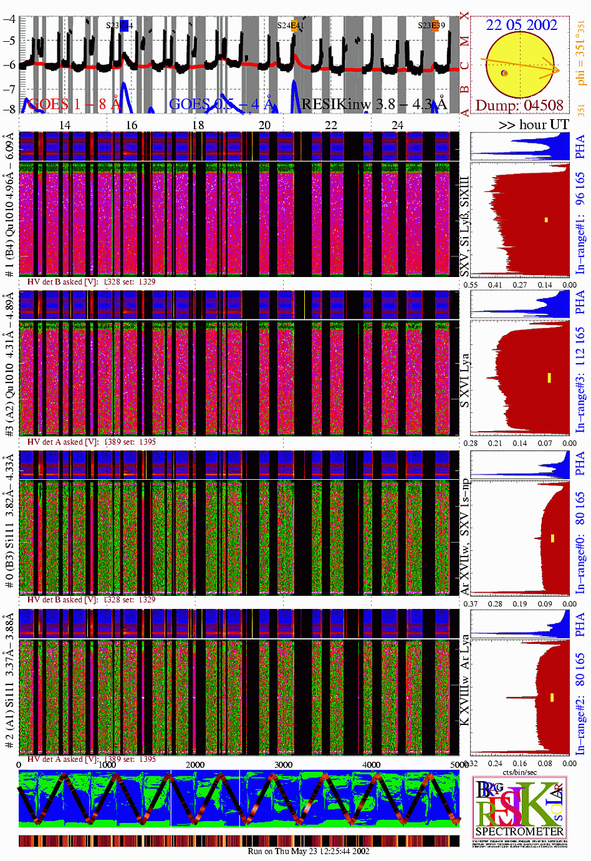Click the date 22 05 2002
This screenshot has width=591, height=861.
pos(521,25)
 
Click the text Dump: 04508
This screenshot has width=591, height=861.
pos(519,105)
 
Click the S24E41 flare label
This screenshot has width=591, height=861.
pos(291,26)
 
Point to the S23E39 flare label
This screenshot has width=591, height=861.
pos(431,26)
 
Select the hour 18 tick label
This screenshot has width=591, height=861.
pos(198,125)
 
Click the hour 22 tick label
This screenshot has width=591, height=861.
pos(330,125)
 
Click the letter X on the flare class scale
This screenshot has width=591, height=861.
pos(464,16)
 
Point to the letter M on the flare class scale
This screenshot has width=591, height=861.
pos(464,42)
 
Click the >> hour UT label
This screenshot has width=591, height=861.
pos(533,124)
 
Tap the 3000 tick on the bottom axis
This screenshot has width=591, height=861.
pos(283,764)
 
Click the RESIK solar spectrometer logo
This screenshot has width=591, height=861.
pos(519,810)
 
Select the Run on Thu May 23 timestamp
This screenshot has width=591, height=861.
pos(308,851)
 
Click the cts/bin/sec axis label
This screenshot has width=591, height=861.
pos(520,772)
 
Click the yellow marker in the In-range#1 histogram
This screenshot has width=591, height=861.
pos(546,220)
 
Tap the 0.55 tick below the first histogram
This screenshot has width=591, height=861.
pos(471,285)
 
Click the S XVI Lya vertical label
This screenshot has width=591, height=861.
pos(464,381)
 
